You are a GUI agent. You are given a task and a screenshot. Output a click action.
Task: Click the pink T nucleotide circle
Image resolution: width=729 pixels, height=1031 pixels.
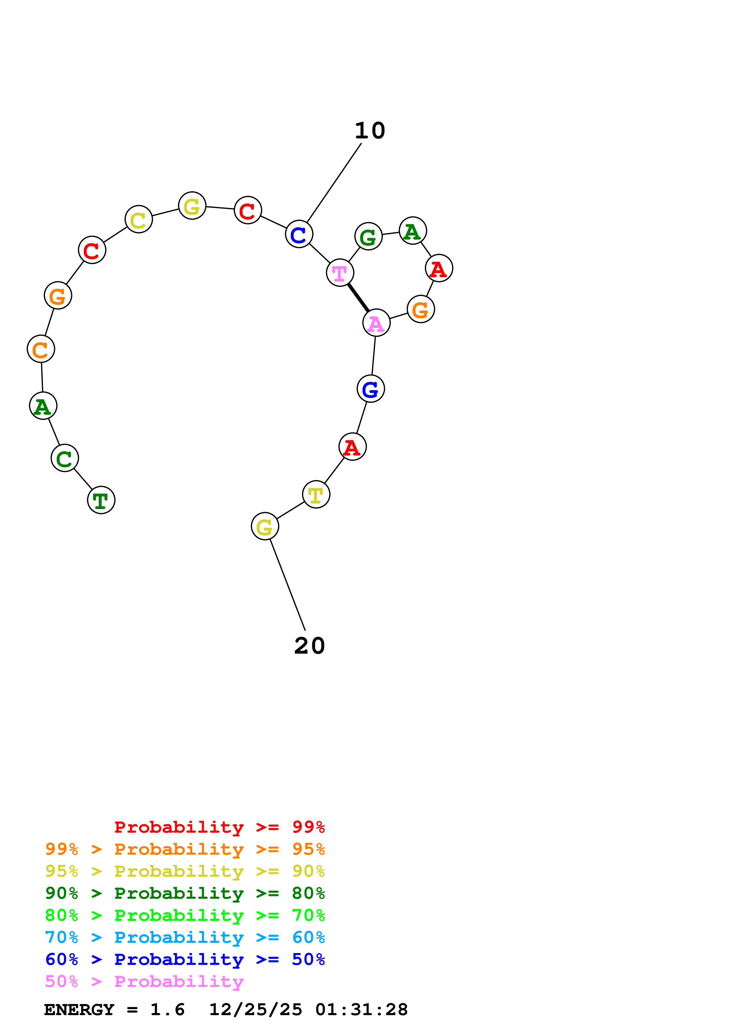(340, 272)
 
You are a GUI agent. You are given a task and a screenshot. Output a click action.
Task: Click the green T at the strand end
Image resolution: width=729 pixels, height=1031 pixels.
(101, 500)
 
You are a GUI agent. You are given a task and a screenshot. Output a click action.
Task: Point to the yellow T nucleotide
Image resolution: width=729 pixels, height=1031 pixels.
(316, 495)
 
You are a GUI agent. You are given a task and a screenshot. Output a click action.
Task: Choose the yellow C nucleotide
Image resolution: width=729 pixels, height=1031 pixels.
(138, 219)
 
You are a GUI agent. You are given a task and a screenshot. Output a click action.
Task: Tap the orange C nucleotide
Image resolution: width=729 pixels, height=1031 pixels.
(41, 349)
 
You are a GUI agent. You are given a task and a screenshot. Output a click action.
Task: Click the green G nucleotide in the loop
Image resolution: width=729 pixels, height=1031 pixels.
(368, 236)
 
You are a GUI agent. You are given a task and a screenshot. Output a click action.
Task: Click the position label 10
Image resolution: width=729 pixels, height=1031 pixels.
(370, 131)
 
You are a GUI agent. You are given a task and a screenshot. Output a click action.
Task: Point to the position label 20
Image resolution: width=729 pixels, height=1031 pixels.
(309, 646)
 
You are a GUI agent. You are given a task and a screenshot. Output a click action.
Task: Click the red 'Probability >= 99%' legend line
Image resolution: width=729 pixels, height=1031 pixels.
(219, 827)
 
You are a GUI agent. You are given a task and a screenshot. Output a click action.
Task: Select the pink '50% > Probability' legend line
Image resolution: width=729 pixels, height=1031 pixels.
(144, 982)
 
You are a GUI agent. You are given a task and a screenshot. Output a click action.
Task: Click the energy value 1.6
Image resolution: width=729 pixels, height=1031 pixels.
(167, 1010)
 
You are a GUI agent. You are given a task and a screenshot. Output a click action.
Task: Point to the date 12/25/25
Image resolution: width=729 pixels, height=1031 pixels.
(256, 1010)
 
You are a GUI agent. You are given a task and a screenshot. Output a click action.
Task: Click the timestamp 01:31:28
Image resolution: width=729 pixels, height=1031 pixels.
(362, 1010)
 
